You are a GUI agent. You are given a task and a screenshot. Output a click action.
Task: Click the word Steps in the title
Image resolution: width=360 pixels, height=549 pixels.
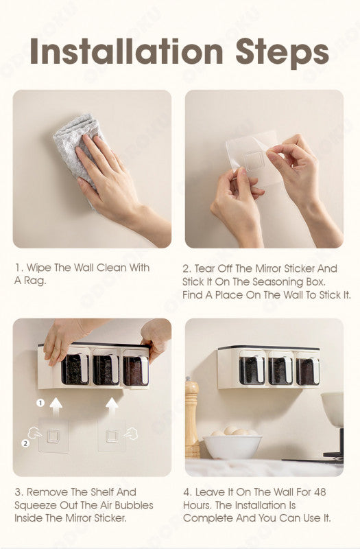click(282, 54)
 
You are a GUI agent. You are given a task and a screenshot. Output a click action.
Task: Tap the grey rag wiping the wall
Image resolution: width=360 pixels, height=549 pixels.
click(76, 147)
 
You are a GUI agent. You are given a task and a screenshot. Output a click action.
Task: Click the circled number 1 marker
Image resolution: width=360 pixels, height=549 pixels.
click(40, 403)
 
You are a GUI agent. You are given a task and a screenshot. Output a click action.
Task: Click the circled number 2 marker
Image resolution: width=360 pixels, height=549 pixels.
click(25, 443)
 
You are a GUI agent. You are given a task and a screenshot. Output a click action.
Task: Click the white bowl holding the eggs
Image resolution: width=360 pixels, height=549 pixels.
click(232, 446)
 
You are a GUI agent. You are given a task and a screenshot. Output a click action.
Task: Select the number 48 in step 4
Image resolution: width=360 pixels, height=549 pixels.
click(320, 492)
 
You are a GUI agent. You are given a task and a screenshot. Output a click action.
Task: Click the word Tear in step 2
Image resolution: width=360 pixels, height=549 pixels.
click(204, 268)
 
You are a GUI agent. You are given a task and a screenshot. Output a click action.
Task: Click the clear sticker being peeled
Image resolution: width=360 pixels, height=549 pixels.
click(252, 158)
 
